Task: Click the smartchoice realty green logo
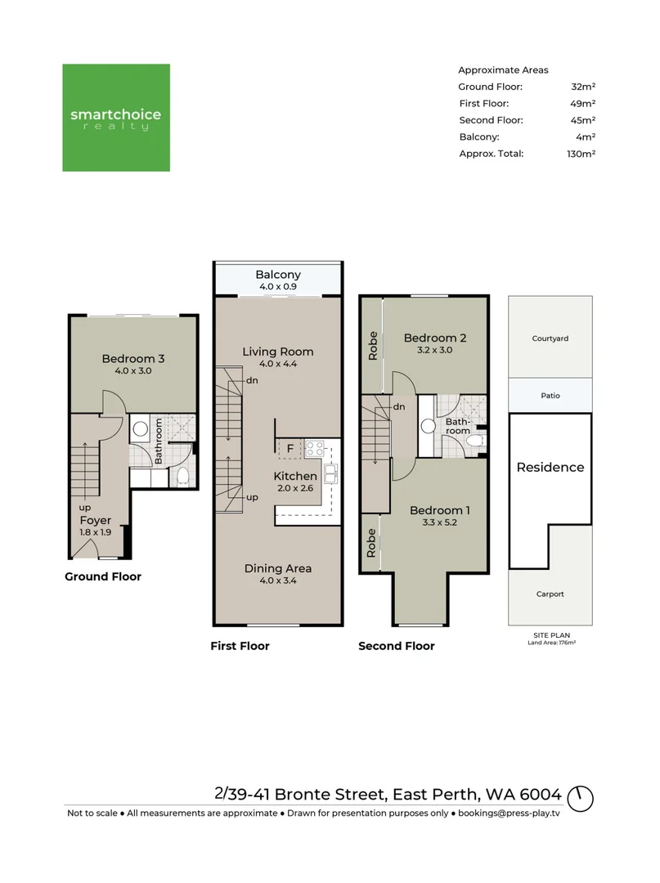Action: pos(116,118)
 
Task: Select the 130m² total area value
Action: pos(582,153)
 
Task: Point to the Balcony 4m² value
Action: pos(586,137)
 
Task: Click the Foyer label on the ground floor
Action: pos(95,520)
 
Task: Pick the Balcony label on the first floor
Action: pos(278,276)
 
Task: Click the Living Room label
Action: pos(278,352)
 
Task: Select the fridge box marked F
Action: pos(289,448)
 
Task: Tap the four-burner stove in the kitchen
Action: pos(315,448)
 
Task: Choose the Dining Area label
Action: pos(278,568)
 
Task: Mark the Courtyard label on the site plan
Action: pos(550,338)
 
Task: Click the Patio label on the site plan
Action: pos(550,396)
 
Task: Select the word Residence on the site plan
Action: pos(550,468)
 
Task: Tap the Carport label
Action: pos(550,594)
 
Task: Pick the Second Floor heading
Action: pos(397,646)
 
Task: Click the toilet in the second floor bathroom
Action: pos(472,440)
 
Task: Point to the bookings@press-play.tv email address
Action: pos(508,814)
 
